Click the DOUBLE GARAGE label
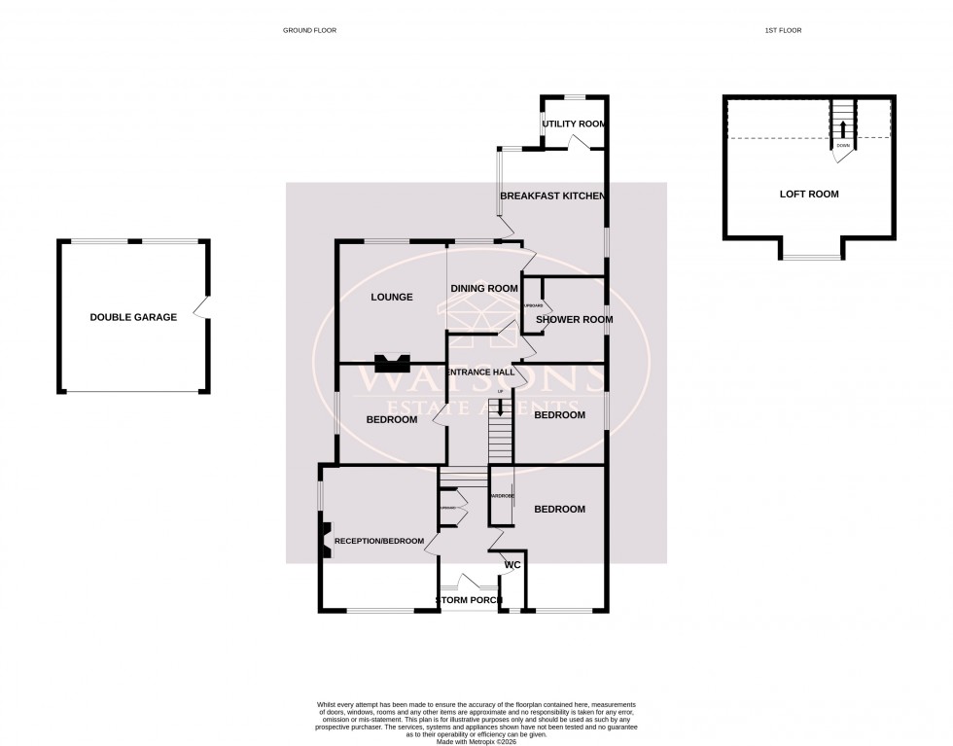tap(133, 317)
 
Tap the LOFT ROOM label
tap(808, 194)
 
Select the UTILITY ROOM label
tap(574, 124)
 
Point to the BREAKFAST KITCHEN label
tap(552, 196)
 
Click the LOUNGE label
tap(392, 298)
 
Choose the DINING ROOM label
tap(483, 288)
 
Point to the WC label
tap(513, 564)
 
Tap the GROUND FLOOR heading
tap(309, 31)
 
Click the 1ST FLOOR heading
tap(783, 31)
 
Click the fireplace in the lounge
tap(393, 363)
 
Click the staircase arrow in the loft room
tap(842, 128)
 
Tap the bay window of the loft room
tap(810, 257)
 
